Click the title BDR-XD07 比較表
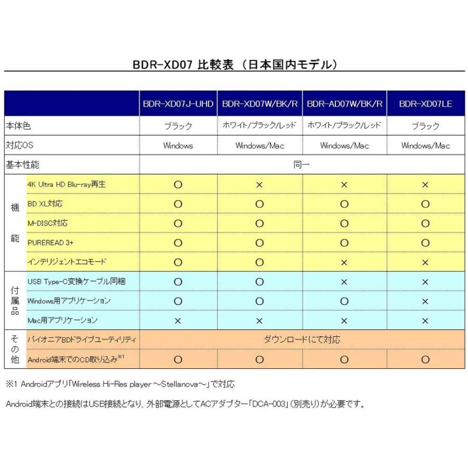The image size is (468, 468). coord(235,64)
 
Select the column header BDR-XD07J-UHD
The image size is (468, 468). coord(178,104)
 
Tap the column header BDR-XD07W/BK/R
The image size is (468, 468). coord(260,104)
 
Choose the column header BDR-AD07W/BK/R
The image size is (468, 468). coord(344,104)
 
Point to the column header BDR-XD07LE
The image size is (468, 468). coord(425,104)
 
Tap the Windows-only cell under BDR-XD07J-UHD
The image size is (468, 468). coord(178,146)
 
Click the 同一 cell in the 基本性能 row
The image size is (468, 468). coord(302,165)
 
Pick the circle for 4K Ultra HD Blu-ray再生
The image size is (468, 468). coord(178,185)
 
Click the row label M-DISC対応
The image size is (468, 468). coord(47,223)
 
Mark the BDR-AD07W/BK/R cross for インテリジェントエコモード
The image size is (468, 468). coord(344,262)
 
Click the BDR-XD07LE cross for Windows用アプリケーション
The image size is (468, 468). coord(425,301)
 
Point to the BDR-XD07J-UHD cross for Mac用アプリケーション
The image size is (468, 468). coord(178,321)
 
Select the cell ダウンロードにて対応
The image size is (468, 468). coord(302,340)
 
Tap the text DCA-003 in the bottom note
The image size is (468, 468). coord(267,404)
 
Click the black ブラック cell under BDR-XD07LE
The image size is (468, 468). coord(425,126)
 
